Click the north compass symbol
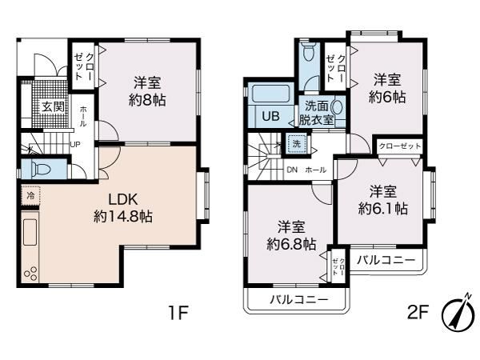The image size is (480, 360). (x=458, y=314)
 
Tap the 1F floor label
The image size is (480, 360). (x=178, y=313)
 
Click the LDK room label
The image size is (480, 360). (x=124, y=199)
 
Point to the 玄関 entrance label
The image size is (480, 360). (x=53, y=106)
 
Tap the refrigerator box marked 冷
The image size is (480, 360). (x=30, y=196)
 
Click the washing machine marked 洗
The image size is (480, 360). (x=296, y=143)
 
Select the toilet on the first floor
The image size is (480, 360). (x=41, y=168)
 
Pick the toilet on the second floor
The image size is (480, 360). (x=308, y=51)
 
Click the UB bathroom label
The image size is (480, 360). (x=270, y=116)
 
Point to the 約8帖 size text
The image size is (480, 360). (x=147, y=100)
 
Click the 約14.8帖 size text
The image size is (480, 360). (x=123, y=217)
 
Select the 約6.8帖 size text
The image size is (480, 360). (x=291, y=244)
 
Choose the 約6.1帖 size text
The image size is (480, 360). (x=382, y=209)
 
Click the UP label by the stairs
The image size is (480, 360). (x=75, y=144)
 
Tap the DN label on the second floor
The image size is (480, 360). (x=292, y=170)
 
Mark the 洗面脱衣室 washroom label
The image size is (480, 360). (x=316, y=113)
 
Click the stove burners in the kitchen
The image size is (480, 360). (x=30, y=274)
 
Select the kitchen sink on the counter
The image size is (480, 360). (x=30, y=232)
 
